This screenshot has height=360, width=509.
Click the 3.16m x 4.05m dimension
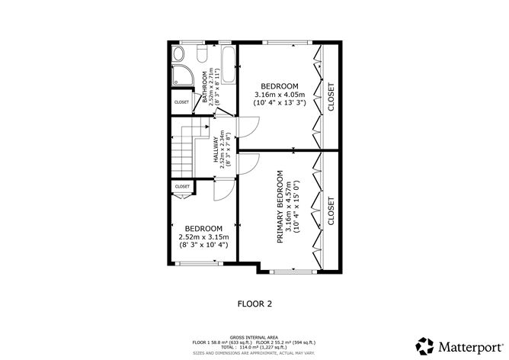(x=279, y=95)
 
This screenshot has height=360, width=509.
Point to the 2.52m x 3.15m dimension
(x=203, y=237)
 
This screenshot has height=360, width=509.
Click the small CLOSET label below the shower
(x=181, y=102)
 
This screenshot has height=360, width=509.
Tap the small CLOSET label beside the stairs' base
(x=182, y=186)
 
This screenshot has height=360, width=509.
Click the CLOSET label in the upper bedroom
(x=331, y=97)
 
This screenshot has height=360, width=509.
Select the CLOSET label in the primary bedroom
(x=331, y=211)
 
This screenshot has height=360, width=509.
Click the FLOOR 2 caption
(x=254, y=304)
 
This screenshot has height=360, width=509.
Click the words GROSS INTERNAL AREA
(x=253, y=336)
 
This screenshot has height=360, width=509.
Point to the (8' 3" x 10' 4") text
(x=203, y=246)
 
